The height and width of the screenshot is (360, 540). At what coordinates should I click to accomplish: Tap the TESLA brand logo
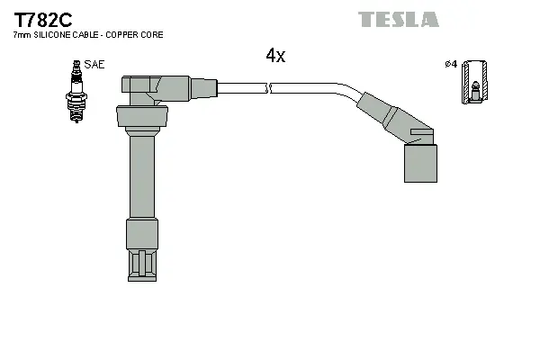point(398,19)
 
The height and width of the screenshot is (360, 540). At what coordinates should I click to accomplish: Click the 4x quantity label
point(275,56)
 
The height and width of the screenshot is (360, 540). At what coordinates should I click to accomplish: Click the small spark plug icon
point(76,92)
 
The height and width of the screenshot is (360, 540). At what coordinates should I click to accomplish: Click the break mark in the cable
point(269,88)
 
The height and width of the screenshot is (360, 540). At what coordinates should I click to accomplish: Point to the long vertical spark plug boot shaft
point(140,175)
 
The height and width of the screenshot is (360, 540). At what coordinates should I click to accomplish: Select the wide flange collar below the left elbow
point(141,117)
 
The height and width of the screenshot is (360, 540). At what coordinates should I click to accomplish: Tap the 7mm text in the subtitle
point(20,35)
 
